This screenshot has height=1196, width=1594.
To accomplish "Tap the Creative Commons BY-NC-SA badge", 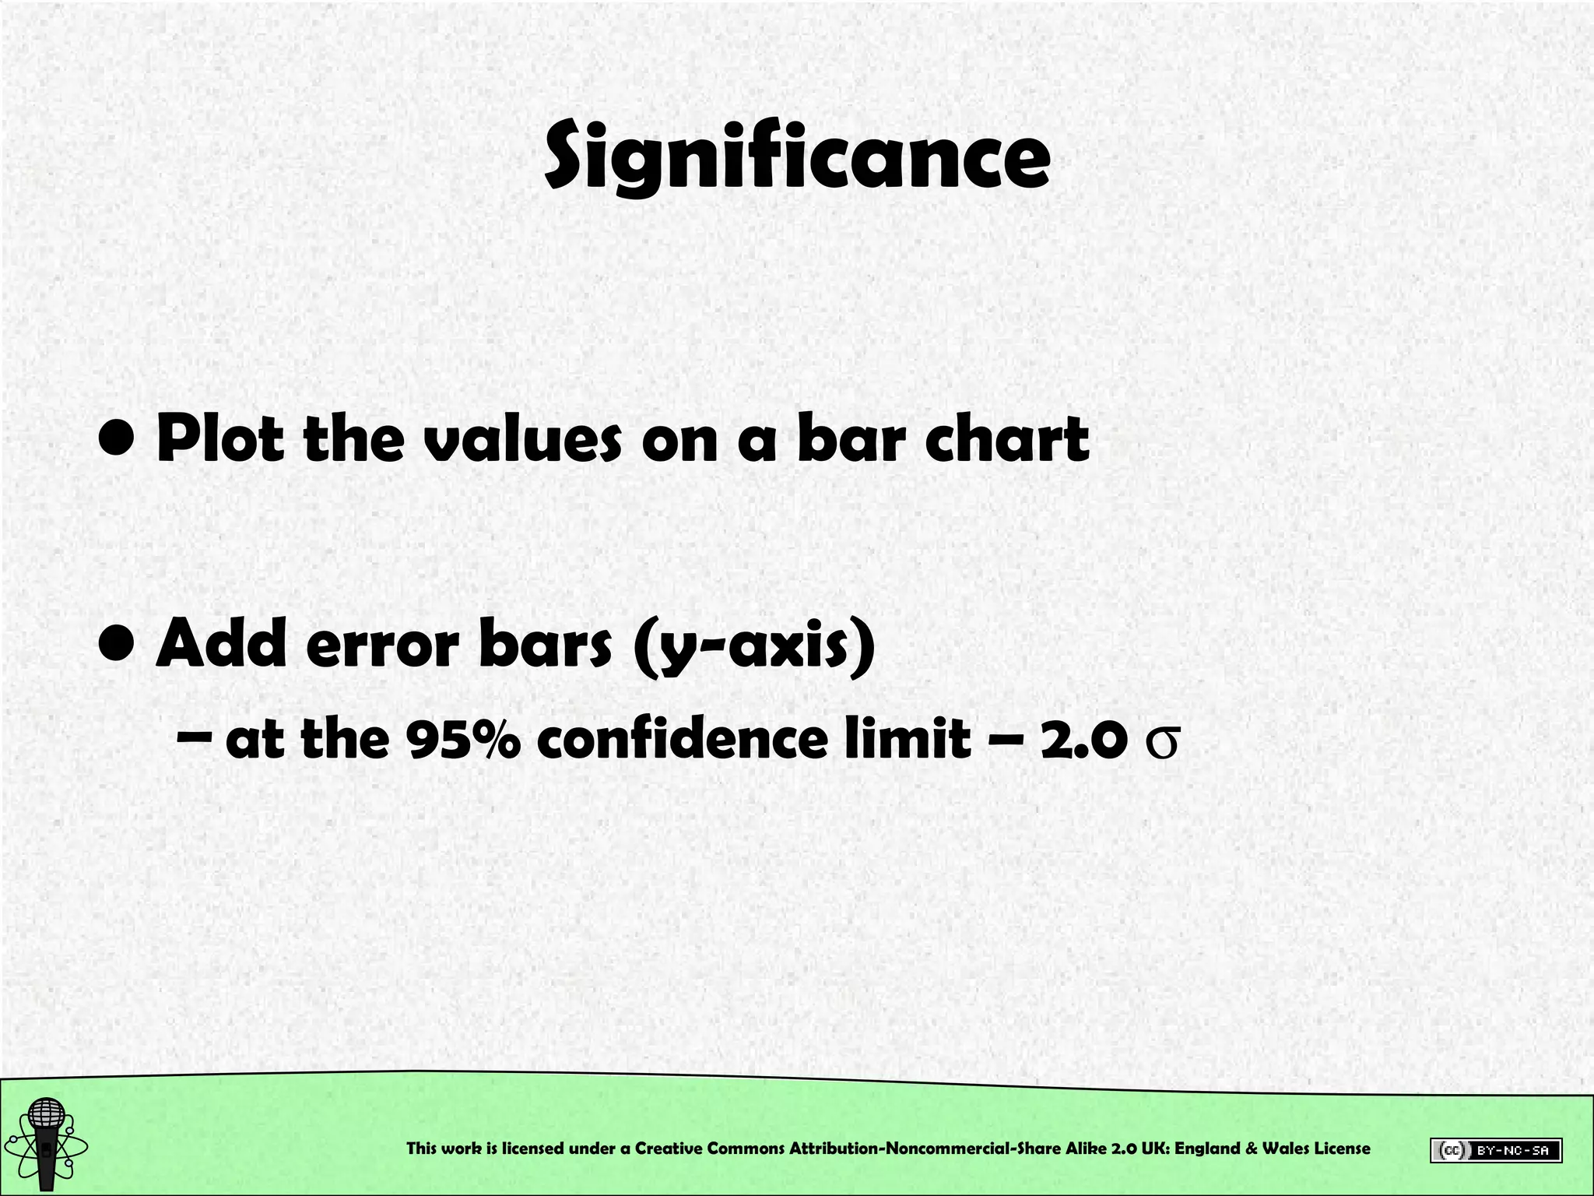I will click(x=1495, y=1150).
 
